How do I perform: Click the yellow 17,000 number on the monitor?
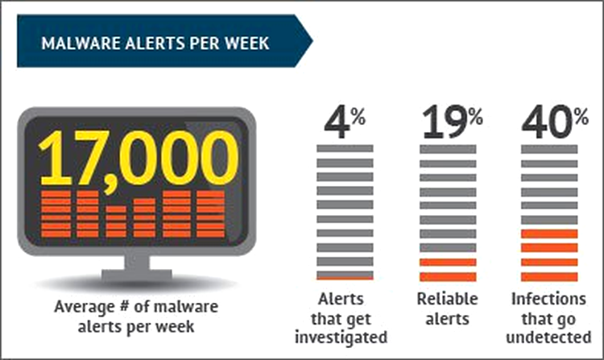pyautogui.click(x=139, y=159)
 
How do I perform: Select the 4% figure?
pyautogui.click(x=345, y=122)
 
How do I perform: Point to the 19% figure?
pyautogui.click(x=452, y=122)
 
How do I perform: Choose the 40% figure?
pyautogui.click(x=555, y=122)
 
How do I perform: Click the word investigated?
pyautogui.click(x=341, y=337)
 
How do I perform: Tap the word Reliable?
pyautogui.click(x=447, y=299)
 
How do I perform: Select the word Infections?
pyautogui.click(x=548, y=299)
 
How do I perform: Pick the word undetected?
pyautogui.click(x=548, y=337)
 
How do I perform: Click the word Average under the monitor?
pyautogui.click(x=80, y=308)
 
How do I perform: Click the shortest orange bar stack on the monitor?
pyautogui.click(x=116, y=221)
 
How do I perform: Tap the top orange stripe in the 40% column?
pyautogui.click(x=549, y=234)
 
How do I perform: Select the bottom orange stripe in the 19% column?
pyautogui.click(x=448, y=276)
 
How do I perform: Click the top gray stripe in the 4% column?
pyautogui.click(x=345, y=148)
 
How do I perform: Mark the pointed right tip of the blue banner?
pyautogui.click(x=312, y=41)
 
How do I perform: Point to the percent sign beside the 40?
pyautogui.click(x=581, y=116)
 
